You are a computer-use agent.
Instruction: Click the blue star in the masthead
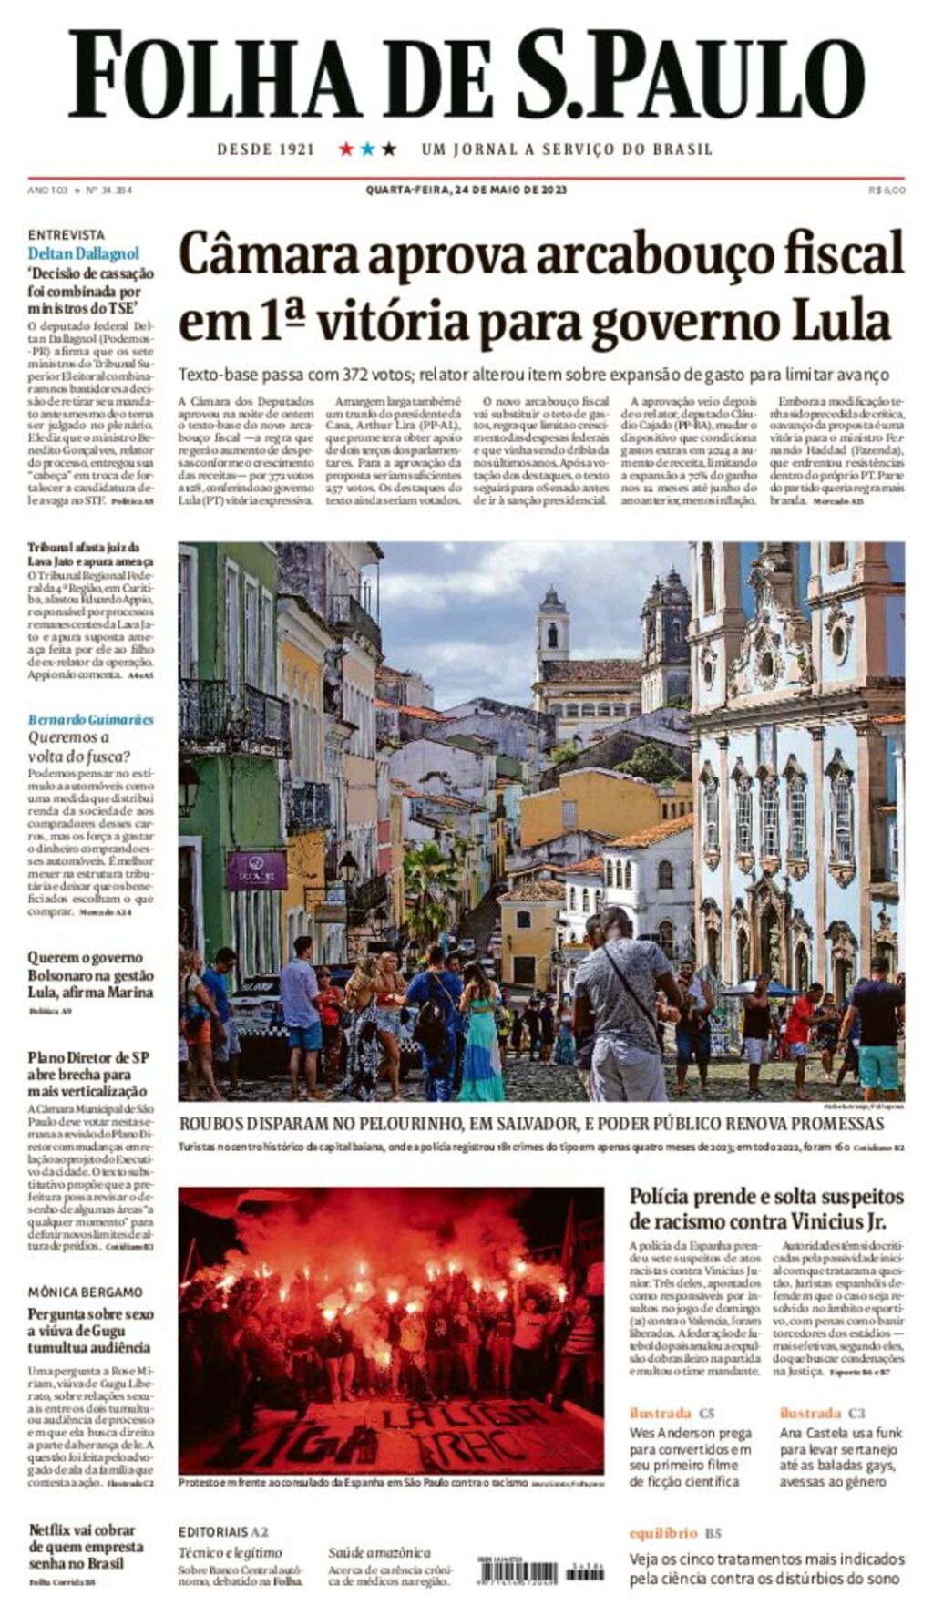pos(367,149)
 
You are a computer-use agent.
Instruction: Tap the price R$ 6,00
pos(887,190)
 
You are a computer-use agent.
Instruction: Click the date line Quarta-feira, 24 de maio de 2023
pos(466,190)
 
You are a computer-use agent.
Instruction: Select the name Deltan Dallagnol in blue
pos(84,253)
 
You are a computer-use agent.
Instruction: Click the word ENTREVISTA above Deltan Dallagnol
pos(66,234)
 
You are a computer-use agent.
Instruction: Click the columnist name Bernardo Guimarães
pos(90,719)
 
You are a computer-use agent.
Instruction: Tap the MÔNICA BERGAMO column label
pos(85,1292)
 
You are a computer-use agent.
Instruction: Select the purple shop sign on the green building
pos(257,870)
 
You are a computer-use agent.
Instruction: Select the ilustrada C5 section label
pos(672,1413)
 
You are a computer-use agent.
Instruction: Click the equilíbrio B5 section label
pos(675,1532)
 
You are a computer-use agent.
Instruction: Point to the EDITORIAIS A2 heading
pos(223,1531)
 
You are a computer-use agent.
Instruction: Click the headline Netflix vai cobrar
pos(82,1529)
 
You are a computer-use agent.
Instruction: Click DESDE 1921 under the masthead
pos(265,149)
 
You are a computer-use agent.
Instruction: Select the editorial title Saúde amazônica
pos(379,1552)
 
